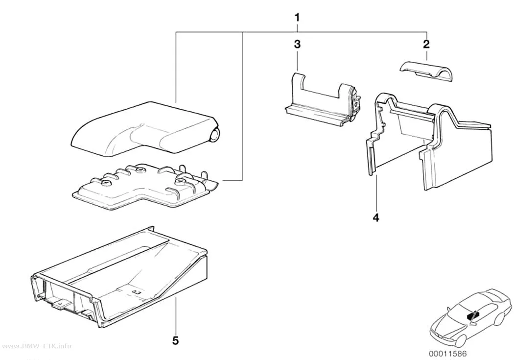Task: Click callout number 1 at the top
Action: tap(297, 17)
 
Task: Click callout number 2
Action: tap(426, 44)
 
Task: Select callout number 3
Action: tap(297, 44)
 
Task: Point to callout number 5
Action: tap(176, 341)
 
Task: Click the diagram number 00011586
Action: tap(448, 354)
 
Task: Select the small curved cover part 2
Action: tap(426, 71)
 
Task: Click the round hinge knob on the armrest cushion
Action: tap(215, 135)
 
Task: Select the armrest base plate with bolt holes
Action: tap(144, 187)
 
